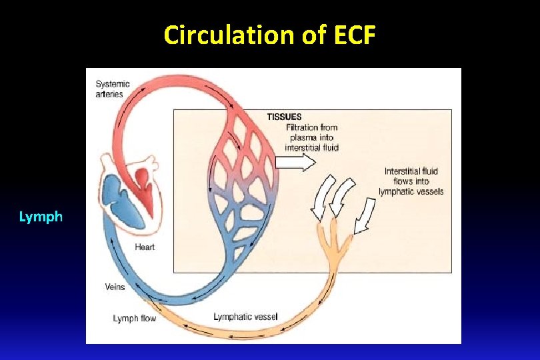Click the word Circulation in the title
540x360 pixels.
[x=229, y=35]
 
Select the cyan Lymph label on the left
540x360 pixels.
[x=41, y=217]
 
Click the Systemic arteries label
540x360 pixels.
[x=113, y=89]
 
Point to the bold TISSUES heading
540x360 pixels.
[x=284, y=117]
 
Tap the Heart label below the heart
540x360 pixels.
[x=145, y=247]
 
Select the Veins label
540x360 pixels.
[x=115, y=287]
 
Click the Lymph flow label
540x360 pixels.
[x=135, y=319]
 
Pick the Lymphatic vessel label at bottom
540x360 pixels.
[x=245, y=316]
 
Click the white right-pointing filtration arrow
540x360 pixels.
[x=296, y=162]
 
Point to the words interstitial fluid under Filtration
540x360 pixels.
[x=311, y=147]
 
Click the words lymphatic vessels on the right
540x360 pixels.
[x=411, y=192]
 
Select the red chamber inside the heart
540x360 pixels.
[x=141, y=179]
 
